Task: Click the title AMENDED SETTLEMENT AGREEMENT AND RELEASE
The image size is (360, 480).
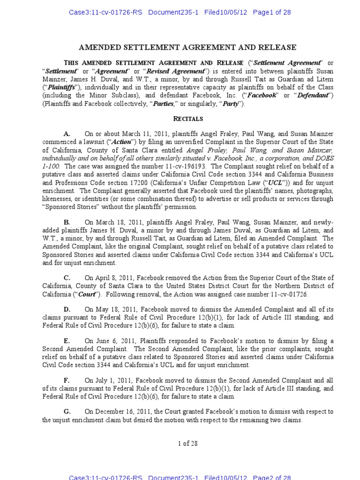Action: (x=187, y=47)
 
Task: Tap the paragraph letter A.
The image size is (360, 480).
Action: (x=67, y=134)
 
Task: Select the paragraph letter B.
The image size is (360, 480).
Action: (x=67, y=222)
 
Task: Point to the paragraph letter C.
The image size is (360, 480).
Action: (x=67, y=278)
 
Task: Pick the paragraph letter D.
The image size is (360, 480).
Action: (x=67, y=309)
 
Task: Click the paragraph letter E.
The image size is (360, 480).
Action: (x=67, y=341)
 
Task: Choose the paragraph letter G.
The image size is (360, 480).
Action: (x=67, y=412)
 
